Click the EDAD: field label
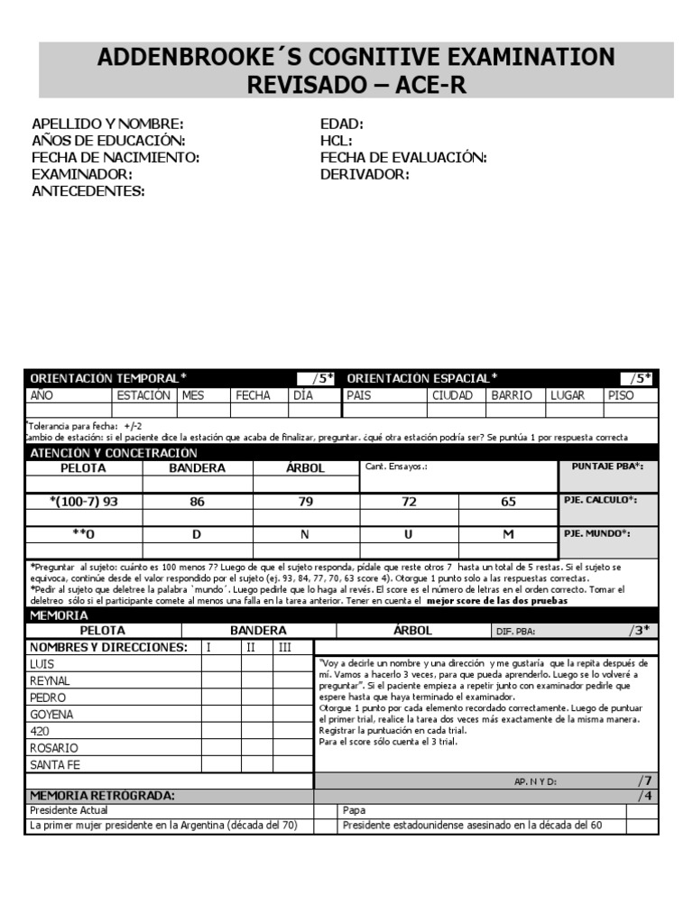click(x=341, y=124)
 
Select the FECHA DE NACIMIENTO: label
click(x=115, y=158)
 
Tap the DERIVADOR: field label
click(x=365, y=174)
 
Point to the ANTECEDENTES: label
click(x=88, y=191)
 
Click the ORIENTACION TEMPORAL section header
click(x=109, y=378)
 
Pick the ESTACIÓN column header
click(x=143, y=395)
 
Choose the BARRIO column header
click(x=511, y=395)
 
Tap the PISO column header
click(x=621, y=395)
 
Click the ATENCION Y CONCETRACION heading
click(x=114, y=452)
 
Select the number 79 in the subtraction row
click(x=305, y=502)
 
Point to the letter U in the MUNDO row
click(x=408, y=533)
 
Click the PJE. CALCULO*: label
click(x=601, y=500)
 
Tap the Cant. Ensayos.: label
click(x=395, y=467)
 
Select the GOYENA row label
click(x=52, y=714)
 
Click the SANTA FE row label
click(x=55, y=764)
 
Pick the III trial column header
click(x=285, y=647)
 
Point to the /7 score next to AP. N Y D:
click(x=643, y=781)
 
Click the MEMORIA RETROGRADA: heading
click(x=102, y=796)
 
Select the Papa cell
click(x=355, y=810)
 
